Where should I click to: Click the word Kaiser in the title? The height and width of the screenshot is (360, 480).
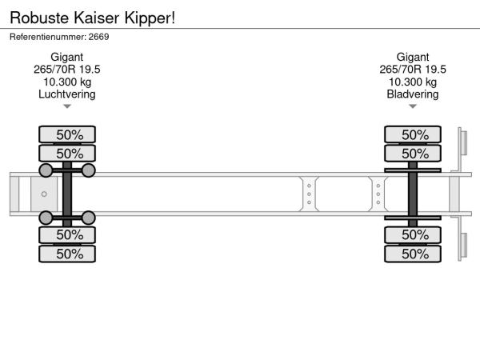[97, 18]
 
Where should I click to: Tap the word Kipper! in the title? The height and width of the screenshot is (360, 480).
[150, 18]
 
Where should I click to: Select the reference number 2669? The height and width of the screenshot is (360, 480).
[98, 37]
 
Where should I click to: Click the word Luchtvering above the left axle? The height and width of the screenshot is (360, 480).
[67, 94]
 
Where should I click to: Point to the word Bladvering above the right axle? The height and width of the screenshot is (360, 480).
[413, 94]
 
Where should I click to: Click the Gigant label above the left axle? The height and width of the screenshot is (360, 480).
[67, 58]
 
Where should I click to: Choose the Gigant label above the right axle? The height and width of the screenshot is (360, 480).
[413, 58]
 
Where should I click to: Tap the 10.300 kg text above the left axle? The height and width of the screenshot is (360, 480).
[67, 82]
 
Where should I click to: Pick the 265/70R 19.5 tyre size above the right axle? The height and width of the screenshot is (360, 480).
[413, 70]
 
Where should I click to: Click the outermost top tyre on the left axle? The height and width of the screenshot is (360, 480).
[67, 134]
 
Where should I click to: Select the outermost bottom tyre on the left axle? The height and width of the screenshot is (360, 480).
[67, 254]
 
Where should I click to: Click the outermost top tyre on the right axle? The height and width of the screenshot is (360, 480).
[413, 134]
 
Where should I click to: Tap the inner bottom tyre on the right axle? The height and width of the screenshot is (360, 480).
[413, 235]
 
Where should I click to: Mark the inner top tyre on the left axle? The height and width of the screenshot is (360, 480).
[67, 153]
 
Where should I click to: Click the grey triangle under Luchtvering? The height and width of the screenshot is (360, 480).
[67, 106]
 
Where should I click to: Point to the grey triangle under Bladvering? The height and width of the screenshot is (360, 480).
[413, 106]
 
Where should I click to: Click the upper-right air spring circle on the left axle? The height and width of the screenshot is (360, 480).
[89, 170]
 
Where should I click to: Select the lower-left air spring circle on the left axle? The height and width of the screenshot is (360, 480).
[46, 218]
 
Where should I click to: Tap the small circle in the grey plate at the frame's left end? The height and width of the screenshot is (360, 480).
[44, 194]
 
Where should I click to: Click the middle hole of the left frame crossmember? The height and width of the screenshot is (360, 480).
[309, 194]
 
